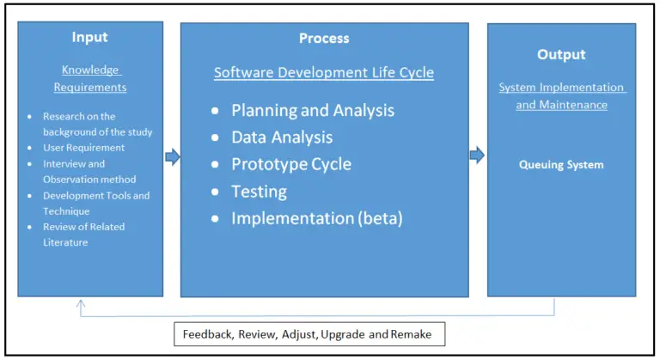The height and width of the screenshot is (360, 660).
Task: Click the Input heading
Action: [90, 39]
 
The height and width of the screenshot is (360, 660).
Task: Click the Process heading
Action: [324, 39]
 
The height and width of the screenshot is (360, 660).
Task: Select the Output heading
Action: [561, 54]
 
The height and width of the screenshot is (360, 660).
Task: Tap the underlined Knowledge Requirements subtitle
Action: [90, 78]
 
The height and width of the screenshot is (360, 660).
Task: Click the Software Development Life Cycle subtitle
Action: [324, 73]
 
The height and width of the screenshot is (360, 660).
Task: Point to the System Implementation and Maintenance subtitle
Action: [561, 96]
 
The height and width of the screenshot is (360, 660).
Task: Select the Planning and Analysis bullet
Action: [313, 110]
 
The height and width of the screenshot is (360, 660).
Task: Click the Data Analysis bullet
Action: [282, 137]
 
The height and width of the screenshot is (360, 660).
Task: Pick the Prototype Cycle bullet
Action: [291, 164]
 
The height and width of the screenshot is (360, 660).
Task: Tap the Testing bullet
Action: [259, 192]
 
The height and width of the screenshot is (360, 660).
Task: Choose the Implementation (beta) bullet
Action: [317, 218]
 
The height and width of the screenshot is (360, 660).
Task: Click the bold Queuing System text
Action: [561, 165]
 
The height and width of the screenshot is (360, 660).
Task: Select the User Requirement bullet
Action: [83, 148]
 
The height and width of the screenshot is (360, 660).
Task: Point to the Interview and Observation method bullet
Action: [89, 172]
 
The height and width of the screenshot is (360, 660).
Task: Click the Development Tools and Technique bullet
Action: [95, 204]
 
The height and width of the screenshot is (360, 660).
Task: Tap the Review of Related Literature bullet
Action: [83, 235]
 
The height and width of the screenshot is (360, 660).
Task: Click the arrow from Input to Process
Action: [172, 157]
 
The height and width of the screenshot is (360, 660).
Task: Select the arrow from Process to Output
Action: [478, 155]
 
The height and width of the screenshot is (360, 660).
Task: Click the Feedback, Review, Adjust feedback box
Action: [309, 333]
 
